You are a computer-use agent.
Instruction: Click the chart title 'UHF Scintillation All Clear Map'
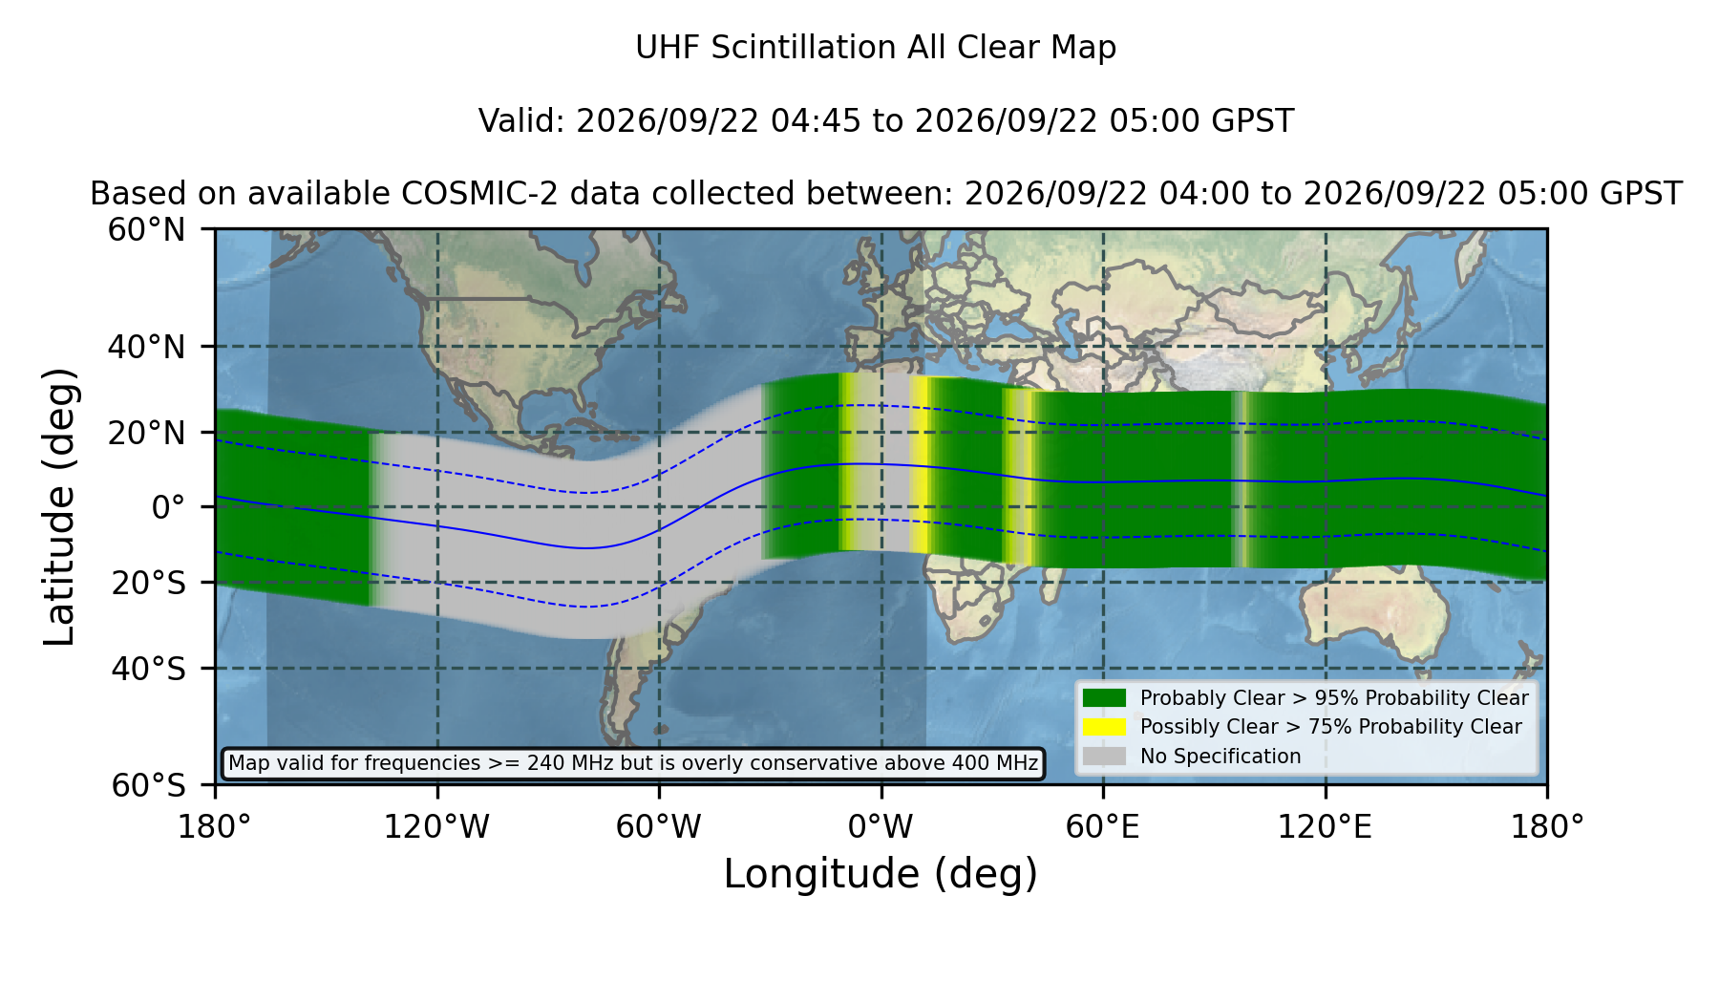tap(876, 48)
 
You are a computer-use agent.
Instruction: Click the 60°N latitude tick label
tap(147, 230)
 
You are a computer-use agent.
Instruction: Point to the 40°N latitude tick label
tap(147, 347)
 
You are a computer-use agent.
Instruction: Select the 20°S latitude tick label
tap(149, 583)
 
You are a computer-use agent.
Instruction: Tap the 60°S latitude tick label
tap(149, 786)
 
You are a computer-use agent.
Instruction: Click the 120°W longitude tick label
tap(436, 827)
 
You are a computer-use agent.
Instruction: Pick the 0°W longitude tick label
tap(881, 827)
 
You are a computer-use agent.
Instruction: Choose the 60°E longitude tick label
tap(1103, 827)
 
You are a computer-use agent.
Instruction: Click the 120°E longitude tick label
tap(1325, 827)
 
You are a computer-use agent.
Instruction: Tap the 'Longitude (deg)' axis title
tap(881, 875)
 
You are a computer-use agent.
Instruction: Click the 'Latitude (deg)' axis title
tap(60, 507)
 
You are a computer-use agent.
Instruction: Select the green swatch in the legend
tap(1105, 698)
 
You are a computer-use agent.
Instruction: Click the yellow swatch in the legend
tap(1105, 727)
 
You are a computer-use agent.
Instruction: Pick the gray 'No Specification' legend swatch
tap(1105, 757)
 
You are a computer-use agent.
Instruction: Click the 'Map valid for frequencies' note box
tap(633, 763)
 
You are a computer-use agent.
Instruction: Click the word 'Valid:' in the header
tap(522, 121)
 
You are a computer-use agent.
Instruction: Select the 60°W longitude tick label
tap(659, 827)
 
